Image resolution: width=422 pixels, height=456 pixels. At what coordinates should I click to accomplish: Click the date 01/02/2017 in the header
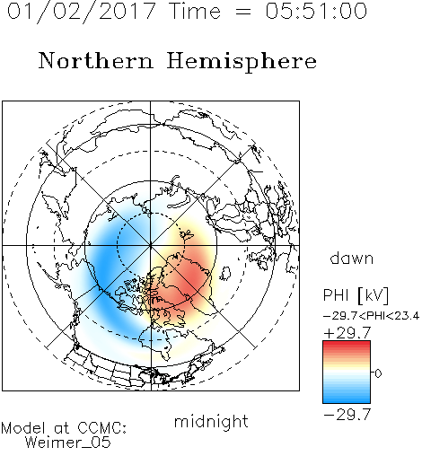[82, 12]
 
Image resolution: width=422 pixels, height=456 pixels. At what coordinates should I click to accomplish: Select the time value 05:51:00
[316, 11]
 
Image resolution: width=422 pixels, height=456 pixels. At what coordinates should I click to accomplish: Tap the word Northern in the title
[96, 60]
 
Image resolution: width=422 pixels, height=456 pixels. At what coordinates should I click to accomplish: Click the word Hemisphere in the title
[242, 62]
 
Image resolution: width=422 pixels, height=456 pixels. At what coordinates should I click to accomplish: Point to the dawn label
[352, 258]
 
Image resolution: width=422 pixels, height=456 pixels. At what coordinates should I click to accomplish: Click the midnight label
[211, 421]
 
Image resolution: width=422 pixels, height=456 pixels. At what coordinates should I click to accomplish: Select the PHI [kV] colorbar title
[356, 295]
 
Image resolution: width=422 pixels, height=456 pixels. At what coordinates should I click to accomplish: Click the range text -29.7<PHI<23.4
[371, 316]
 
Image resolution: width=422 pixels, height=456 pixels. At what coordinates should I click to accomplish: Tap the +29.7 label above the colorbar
[347, 333]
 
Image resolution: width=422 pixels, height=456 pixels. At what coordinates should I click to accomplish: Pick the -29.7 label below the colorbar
[347, 415]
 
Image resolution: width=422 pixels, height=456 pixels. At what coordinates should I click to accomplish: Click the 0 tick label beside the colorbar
[378, 373]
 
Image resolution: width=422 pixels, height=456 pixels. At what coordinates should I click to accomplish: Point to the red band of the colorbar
[347, 347]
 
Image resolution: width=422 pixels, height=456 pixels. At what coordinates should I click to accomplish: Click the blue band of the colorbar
[347, 395]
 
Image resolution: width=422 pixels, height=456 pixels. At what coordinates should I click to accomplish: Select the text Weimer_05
[68, 443]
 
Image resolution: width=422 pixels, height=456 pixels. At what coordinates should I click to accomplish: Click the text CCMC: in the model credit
[101, 428]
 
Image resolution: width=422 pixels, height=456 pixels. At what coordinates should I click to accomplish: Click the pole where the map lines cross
[151, 245]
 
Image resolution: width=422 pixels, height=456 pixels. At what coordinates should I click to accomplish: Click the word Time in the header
[195, 11]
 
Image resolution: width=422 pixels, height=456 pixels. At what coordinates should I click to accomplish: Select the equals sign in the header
[243, 12]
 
